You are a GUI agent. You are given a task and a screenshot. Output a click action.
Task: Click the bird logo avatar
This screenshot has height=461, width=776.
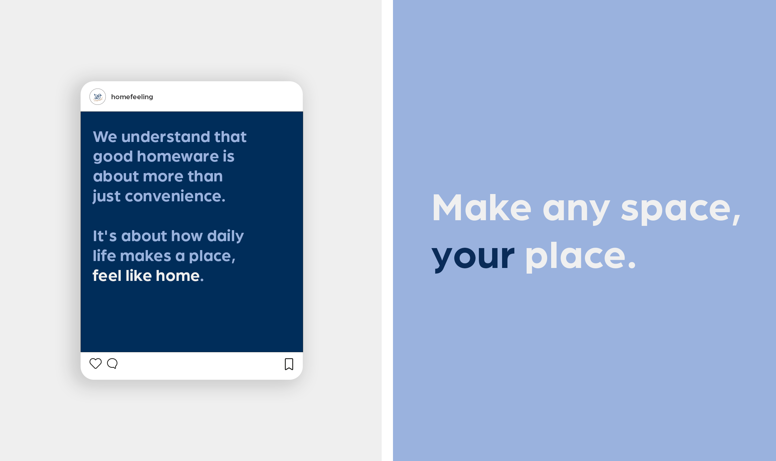[97, 97]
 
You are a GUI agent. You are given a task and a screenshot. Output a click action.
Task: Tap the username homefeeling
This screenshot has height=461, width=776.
[132, 97]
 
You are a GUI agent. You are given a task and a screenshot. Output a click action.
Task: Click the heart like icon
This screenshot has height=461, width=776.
[96, 363]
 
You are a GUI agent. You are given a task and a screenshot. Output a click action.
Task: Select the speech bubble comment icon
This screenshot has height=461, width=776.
[112, 363]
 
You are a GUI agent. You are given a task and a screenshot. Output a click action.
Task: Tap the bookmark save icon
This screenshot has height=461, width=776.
[289, 364]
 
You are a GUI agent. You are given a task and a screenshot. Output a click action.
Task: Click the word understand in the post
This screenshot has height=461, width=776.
[165, 137]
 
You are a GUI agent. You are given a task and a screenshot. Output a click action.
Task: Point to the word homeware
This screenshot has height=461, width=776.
[178, 156]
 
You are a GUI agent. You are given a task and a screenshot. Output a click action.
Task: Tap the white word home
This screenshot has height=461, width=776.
[178, 276]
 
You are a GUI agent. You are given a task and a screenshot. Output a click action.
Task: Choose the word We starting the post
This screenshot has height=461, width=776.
[105, 137]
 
